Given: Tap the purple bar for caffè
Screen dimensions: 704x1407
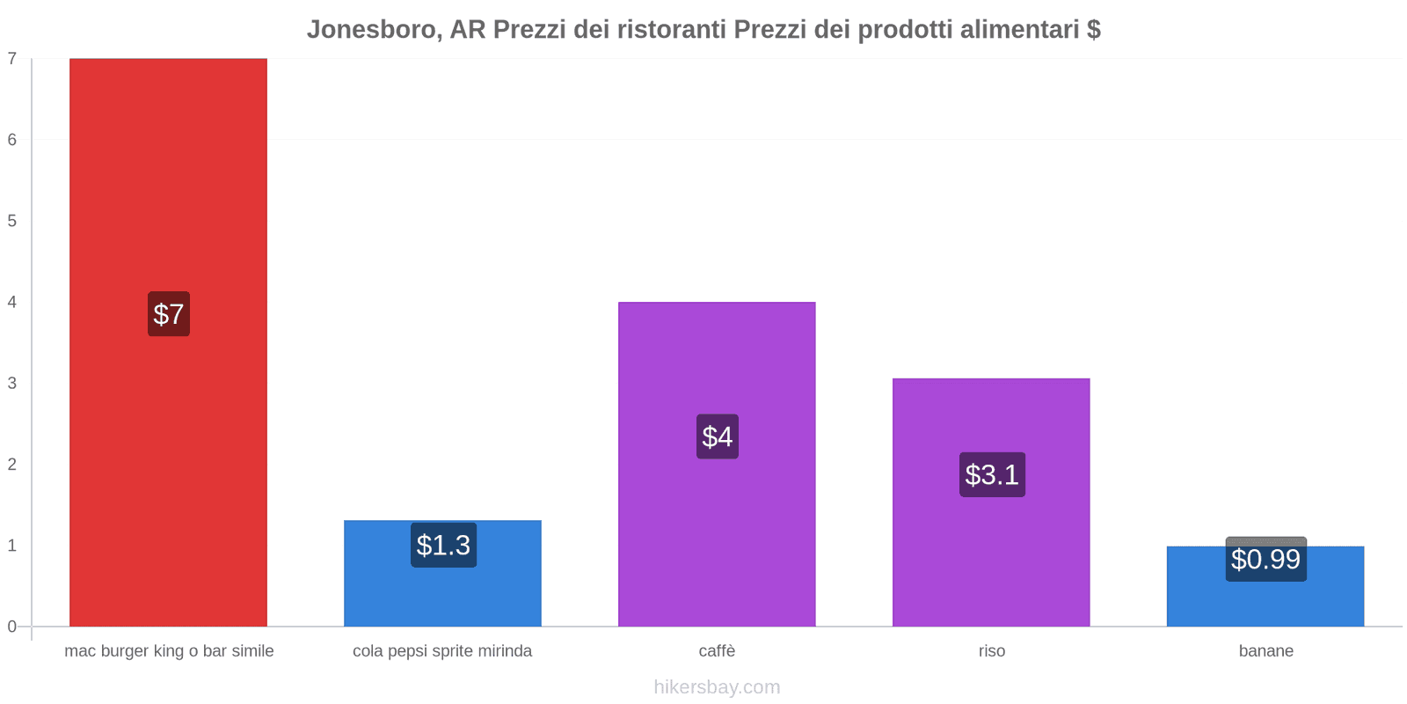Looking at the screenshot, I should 717,528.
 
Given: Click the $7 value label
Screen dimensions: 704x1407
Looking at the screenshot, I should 168,314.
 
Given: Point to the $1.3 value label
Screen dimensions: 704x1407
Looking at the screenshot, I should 443,545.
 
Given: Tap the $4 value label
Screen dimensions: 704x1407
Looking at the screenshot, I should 717,436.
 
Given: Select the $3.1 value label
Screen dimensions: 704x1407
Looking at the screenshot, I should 992,474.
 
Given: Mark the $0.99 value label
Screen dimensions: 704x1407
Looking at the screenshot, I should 1265,560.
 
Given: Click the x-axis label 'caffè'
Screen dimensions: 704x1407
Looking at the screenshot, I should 717,651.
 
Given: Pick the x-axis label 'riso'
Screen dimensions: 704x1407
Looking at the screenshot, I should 991,651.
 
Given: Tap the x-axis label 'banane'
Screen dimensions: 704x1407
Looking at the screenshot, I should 1265,651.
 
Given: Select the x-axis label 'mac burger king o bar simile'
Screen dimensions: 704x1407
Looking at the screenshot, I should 169,651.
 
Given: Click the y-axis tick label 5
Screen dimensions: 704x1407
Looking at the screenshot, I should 12,221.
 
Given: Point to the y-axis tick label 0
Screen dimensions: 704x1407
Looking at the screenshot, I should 12,627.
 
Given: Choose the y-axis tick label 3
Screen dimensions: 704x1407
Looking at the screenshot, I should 12,383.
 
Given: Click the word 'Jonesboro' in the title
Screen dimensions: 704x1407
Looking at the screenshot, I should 374,30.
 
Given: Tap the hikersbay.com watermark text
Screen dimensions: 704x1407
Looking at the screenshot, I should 717,687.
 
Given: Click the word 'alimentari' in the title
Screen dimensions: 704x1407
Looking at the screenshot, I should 1019,30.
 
